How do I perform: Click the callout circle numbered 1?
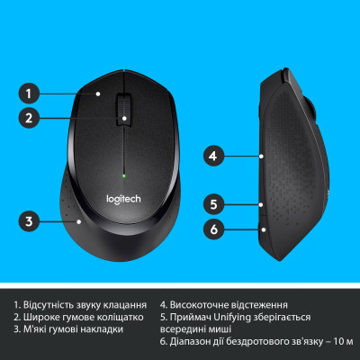(x=30, y=92)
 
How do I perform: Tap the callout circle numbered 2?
(x=30, y=117)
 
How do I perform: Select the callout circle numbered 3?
(x=30, y=220)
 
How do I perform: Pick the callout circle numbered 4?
(x=212, y=156)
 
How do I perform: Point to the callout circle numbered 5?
(x=212, y=203)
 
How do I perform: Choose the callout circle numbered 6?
(x=212, y=229)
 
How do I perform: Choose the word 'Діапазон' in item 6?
(x=195, y=343)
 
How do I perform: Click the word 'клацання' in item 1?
(x=123, y=305)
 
